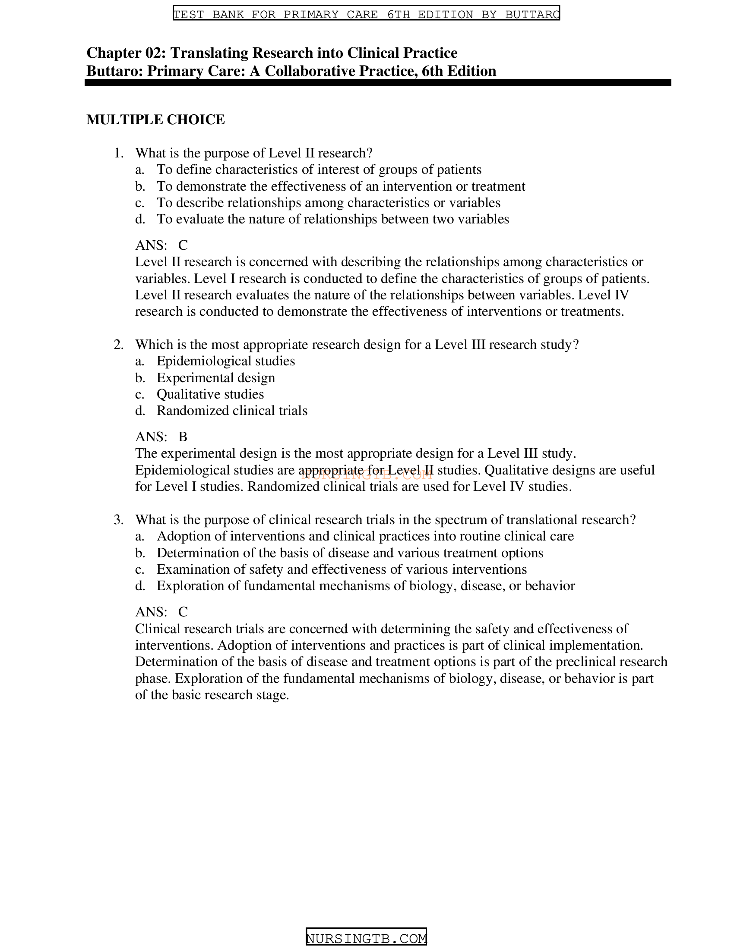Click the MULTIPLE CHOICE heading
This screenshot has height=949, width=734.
coord(155,119)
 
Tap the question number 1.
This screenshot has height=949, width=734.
coord(118,153)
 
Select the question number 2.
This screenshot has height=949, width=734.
coord(118,345)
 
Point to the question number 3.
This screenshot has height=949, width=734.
coord(118,520)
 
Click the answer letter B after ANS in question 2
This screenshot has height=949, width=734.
coord(183,437)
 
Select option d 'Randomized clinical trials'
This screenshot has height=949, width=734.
coord(232,411)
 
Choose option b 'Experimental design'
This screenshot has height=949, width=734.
coord(216,377)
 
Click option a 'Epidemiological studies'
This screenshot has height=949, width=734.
coord(226,361)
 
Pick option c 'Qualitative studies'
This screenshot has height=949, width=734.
coord(210,394)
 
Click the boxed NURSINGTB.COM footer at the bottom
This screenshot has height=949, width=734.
coord(366,939)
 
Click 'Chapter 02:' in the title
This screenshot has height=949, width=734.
coord(126,53)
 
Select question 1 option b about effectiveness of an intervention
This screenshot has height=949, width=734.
coord(341,186)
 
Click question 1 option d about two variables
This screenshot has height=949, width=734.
coord(332,219)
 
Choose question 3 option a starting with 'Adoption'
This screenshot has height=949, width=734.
coord(365,536)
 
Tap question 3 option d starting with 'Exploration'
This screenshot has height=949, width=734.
coord(365,586)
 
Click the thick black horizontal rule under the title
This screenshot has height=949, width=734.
coord(377,82)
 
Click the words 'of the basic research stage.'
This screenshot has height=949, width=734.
coord(212,695)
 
